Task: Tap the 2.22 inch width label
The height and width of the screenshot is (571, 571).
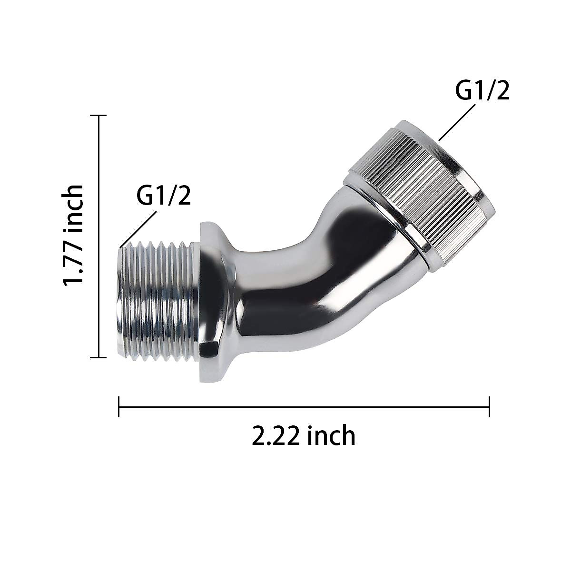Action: click(304, 435)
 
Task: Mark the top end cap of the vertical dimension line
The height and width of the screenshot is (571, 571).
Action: click(98, 116)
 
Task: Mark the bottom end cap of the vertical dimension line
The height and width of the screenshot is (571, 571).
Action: click(98, 357)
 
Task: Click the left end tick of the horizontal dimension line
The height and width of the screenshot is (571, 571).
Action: click(119, 407)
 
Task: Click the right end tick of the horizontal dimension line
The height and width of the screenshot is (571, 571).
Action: click(489, 407)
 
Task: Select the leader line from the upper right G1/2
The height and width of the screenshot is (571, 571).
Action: click(457, 122)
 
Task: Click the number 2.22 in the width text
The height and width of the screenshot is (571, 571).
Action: click(276, 436)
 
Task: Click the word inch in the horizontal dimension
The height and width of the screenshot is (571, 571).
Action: click(332, 435)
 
